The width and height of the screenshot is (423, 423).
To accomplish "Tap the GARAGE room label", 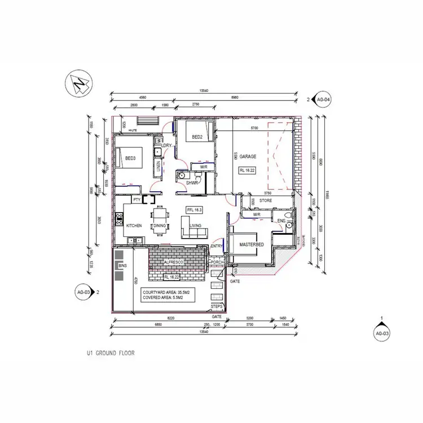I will click(x=248, y=156).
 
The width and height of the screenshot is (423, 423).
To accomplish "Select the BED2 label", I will click(x=197, y=137).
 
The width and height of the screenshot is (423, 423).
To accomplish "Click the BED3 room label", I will click(x=130, y=158).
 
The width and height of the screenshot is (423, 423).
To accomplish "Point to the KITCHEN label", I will click(x=134, y=226).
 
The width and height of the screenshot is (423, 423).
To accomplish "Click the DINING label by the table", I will click(x=160, y=226).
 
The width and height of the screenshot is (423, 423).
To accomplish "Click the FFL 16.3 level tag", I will click(x=194, y=209).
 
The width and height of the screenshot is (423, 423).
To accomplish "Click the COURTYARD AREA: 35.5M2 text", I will click(x=166, y=292).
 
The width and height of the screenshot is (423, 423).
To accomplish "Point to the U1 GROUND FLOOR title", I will click(x=110, y=353).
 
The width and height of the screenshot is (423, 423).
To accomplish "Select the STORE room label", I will click(x=266, y=200).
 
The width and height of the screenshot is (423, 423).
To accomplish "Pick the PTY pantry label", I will click(x=136, y=200).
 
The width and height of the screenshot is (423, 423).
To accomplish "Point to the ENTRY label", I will click(x=217, y=246).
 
